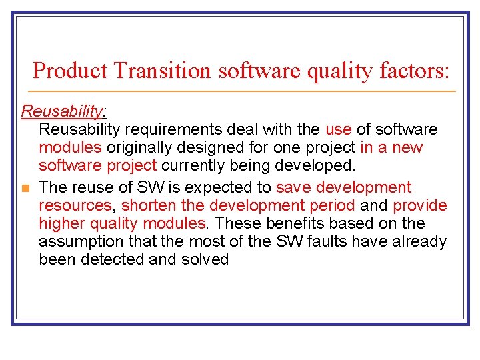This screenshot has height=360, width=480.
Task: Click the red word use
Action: (338, 129)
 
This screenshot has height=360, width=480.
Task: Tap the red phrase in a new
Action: (391, 147)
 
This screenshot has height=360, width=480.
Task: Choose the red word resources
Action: (75, 205)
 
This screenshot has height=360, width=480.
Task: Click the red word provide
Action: (419, 205)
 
